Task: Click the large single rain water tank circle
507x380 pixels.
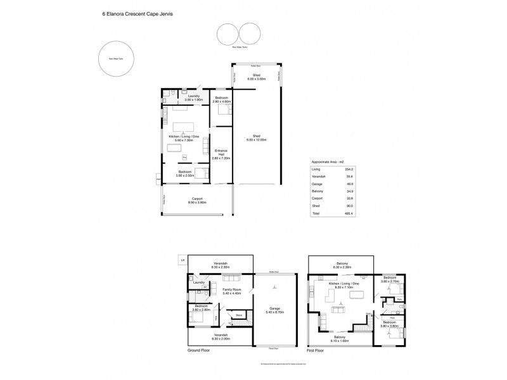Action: tap(115, 61)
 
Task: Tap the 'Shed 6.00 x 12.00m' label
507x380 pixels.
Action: tap(257, 137)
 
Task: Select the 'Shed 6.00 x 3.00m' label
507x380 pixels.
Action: tap(257, 77)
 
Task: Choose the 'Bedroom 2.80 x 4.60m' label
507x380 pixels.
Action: tap(222, 100)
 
